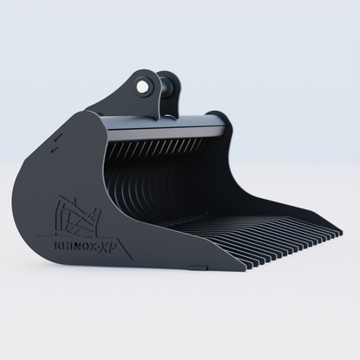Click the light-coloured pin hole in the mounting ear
pyautogui.click(x=141, y=87)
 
